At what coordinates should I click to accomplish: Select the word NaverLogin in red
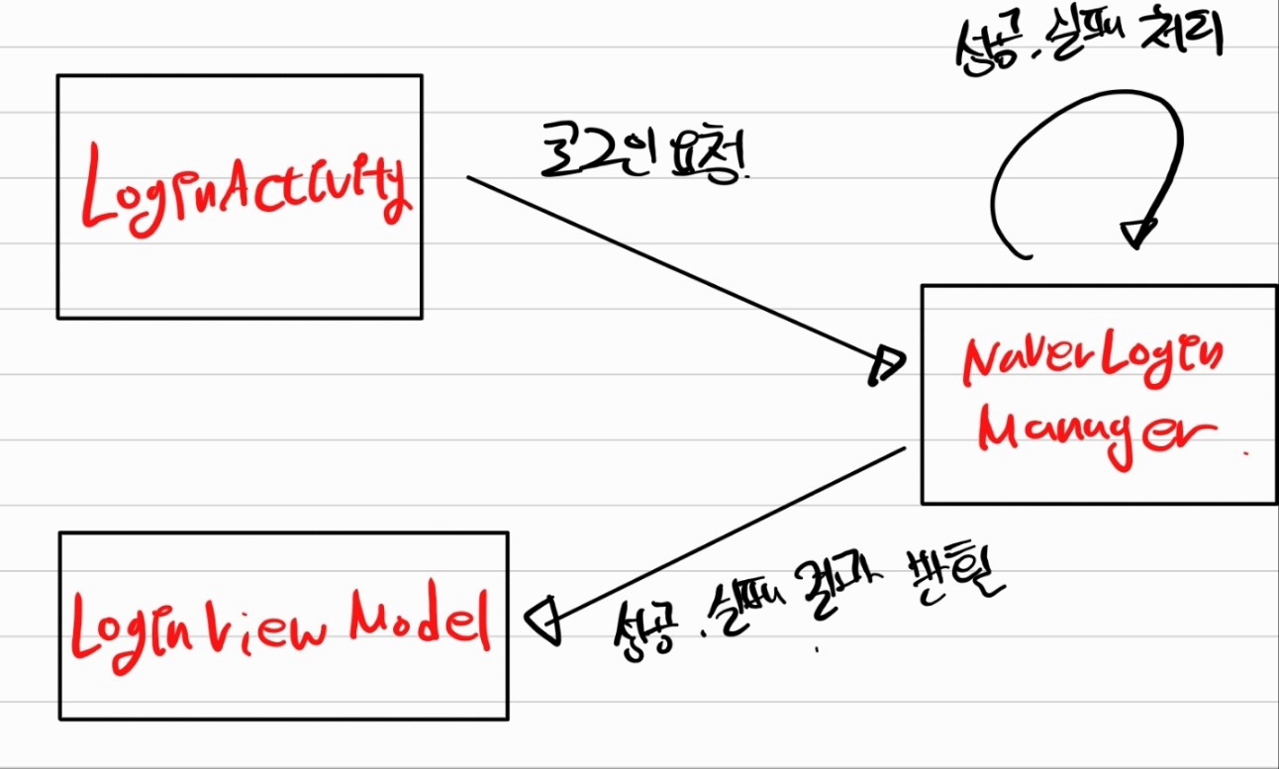point(1092,361)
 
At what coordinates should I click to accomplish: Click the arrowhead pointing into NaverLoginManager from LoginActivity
point(886,364)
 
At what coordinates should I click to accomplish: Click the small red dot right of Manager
point(1244,452)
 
